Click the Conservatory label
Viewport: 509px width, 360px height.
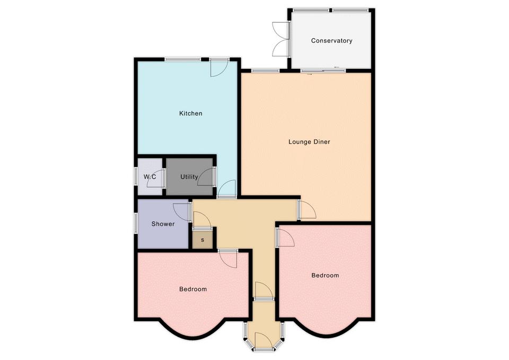coord(331,41)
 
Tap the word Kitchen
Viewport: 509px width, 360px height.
coord(191,113)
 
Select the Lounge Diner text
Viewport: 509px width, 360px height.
coord(309,142)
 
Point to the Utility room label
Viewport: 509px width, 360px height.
coord(189,177)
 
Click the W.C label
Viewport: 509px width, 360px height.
coord(150,177)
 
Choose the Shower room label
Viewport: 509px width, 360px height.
coord(163,224)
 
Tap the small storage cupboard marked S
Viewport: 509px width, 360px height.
coord(203,240)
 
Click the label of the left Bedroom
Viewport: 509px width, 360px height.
coord(193,289)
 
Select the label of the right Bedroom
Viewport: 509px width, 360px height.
coord(325,275)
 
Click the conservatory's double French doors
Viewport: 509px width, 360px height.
coord(281,40)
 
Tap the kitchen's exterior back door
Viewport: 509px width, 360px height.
coord(219,67)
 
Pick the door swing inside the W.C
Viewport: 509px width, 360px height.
coord(155,179)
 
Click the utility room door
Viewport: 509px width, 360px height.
coord(206,177)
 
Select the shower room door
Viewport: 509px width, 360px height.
coord(182,212)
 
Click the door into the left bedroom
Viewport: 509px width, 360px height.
coord(228,259)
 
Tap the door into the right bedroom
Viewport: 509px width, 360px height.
coord(286,238)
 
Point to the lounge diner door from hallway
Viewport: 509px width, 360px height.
coord(308,210)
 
